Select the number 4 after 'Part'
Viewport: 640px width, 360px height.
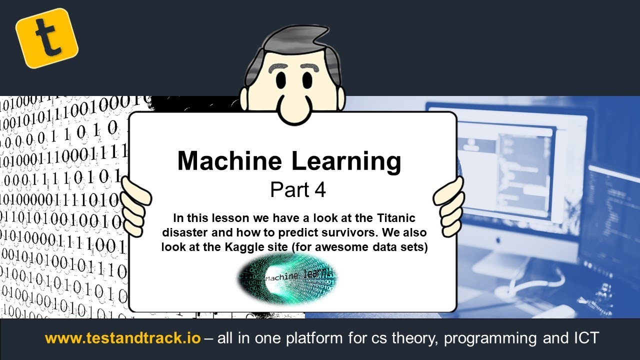(320, 190)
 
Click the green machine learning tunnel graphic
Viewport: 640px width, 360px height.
(286, 277)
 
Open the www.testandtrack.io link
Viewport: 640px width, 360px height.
(122, 338)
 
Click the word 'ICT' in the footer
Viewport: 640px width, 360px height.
(583, 338)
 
